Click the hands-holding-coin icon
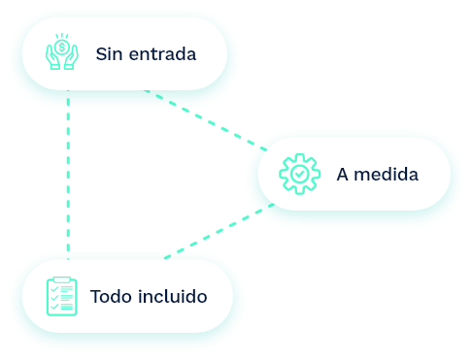pyautogui.click(x=62, y=51)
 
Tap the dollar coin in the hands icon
pyautogui.click(x=61, y=48)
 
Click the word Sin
pyautogui.click(x=109, y=54)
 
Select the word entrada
pyautogui.click(x=162, y=54)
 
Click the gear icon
pyautogui.click(x=300, y=174)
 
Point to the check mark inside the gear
pyautogui.click(x=300, y=174)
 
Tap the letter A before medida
pyautogui.click(x=343, y=175)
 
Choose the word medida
pyautogui.click(x=387, y=175)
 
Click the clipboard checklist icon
pyautogui.click(x=62, y=296)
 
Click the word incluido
pyautogui.click(x=173, y=296)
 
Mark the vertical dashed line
pyautogui.click(x=68, y=175)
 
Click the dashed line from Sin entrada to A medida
pyautogui.click(x=206, y=120)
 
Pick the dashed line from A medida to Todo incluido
pyautogui.click(x=220, y=231)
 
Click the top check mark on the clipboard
pyautogui.click(x=54, y=288)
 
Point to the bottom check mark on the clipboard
pyautogui.click(x=54, y=306)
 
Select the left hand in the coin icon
pyautogui.click(x=52, y=57)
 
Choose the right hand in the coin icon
pyautogui.click(x=71, y=57)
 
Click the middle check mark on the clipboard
pyautogui.click(x=54, y=297)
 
